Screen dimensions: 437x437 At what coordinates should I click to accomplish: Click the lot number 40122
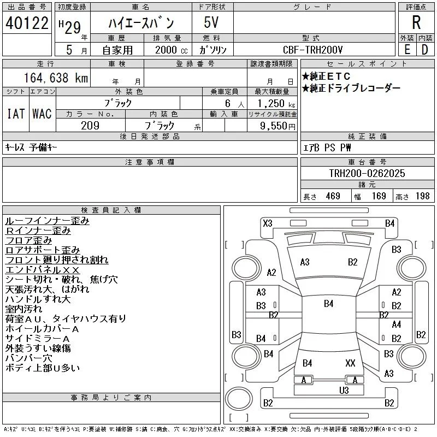[27, 23]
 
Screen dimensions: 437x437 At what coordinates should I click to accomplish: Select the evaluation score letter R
[416, 22]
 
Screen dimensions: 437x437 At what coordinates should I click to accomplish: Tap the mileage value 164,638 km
[56, 78]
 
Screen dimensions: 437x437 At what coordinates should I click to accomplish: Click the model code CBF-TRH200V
[312, 50]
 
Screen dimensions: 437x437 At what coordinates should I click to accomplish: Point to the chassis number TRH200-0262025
[367, 173]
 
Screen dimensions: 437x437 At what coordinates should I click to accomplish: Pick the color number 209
[90, 126]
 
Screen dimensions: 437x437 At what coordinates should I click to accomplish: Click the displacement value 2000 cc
[171, 50]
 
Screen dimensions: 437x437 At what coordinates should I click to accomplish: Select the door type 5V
[211, 22]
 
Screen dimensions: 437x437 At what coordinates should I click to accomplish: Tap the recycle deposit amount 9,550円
[277, 126]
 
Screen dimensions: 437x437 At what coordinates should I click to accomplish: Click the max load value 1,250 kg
[276, 104]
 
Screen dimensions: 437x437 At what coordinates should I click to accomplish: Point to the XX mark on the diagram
[350, 363]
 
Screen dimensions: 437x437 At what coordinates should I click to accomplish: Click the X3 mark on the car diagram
[268, 223]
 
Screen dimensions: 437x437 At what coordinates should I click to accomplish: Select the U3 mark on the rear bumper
[344, 390]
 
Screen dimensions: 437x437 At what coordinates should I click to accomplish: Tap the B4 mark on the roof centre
[329, 304]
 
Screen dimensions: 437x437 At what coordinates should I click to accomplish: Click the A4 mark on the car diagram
[397, 324]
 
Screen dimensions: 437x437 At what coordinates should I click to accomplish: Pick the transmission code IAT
[16, 114]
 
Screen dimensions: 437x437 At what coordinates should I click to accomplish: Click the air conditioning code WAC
[42, 114]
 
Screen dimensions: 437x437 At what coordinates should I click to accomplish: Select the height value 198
[422, 196]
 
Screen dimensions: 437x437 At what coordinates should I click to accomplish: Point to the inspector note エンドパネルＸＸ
[43, 270]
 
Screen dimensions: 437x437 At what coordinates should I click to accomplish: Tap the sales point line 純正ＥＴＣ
[326, 76]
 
